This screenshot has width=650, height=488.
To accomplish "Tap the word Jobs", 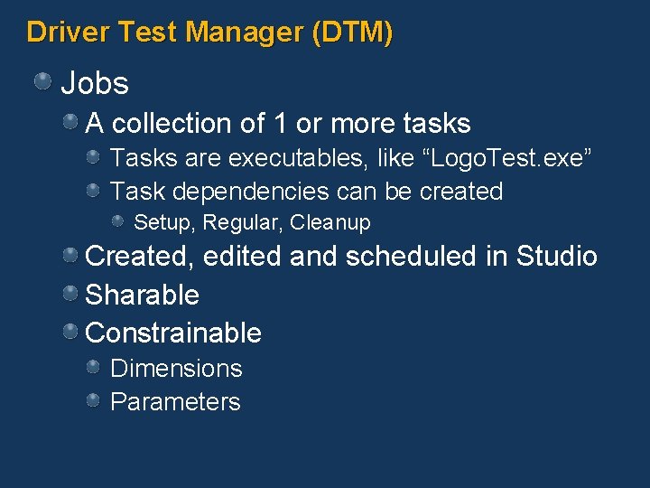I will coord(95,84).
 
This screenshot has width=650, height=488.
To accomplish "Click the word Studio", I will coord(556,257).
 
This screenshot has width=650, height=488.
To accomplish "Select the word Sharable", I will coord(142,295).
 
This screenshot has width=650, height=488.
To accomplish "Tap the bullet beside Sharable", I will coord(70,294).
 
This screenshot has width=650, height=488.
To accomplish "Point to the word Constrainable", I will coord(172,333).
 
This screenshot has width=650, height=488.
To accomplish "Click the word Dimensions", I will coord(176,369).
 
